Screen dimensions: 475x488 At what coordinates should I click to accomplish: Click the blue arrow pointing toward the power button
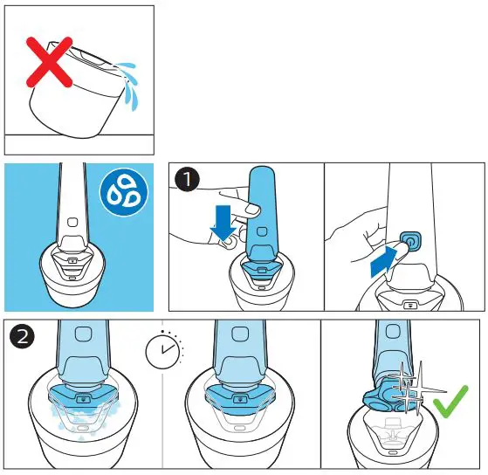coord(385,258)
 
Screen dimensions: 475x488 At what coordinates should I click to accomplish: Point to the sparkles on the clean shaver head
coord(406,389)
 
